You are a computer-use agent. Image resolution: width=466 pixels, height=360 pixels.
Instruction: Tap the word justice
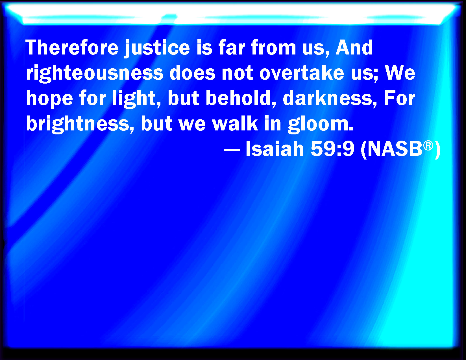[157, 49]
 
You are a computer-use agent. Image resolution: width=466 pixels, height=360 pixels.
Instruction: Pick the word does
[192, 73]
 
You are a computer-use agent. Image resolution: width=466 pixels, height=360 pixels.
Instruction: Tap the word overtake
[302, 73]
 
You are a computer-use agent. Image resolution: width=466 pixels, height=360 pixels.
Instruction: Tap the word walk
[235, 123]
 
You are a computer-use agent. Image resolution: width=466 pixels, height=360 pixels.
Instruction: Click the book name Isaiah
[275, 149]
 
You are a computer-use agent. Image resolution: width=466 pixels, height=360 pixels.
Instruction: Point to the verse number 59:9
[332, 149]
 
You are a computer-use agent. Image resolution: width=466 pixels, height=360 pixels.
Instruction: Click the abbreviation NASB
[395, 149]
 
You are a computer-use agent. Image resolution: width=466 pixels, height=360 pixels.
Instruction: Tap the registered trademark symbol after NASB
[428, 146]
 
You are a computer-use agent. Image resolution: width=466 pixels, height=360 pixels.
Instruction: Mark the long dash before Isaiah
[232, 150]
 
